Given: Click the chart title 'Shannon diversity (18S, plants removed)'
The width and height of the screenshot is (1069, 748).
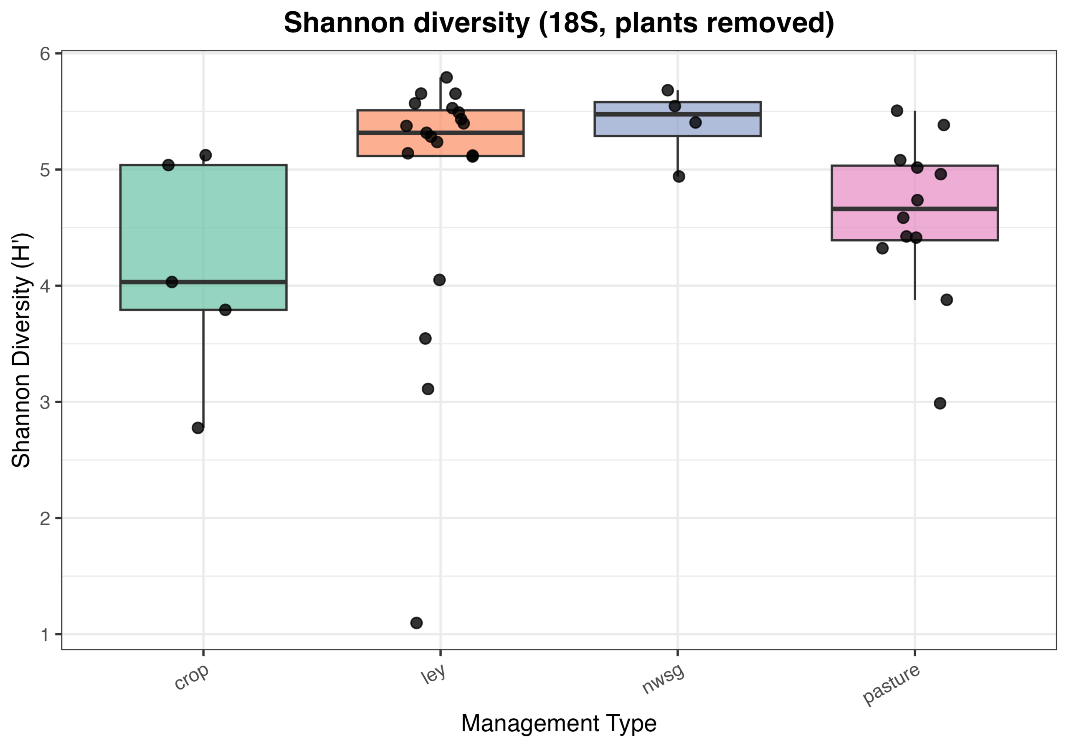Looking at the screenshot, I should click(x=558, y=23).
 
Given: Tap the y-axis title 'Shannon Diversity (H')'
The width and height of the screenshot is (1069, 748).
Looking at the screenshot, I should click(x=21, y=350).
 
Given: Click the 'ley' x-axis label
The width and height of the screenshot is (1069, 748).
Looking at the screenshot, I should click(x=433, y=675).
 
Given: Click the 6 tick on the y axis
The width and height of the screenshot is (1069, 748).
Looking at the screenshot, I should click(x=45, y=54).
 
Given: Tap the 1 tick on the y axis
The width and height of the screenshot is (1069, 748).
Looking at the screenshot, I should click(x=45, y=634).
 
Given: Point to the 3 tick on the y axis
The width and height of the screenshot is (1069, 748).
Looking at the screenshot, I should click(x=45, y=402).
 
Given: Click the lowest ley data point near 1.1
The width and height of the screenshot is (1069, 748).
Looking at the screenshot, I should click(x=417, y=623).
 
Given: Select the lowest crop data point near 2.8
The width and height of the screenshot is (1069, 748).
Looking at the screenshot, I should click(x=198, y=428).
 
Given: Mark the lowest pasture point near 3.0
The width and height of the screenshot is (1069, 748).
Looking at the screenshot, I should click(x=940, y=403).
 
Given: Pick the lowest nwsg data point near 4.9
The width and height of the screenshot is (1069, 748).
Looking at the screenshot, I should click(x=679, y=177).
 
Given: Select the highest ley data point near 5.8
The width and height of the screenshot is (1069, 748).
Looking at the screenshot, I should click(x=446, y=77).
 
